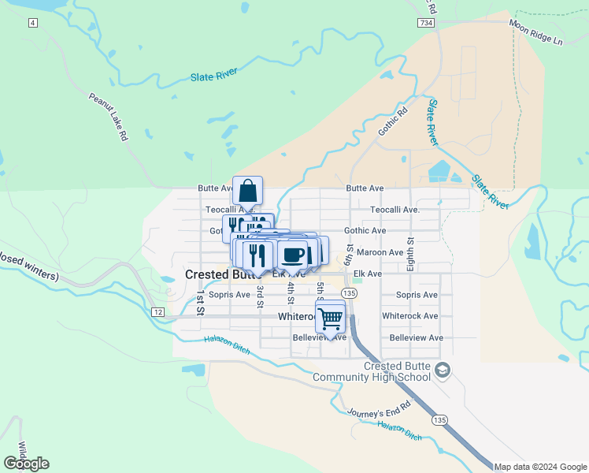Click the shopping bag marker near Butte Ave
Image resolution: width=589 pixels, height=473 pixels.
(x=248, y=192)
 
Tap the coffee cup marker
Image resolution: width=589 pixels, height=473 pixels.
(x=293, y=255)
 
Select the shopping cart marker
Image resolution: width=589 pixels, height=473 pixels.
(x=331, y=318)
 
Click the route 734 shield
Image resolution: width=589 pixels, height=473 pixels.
(x=426, y=24)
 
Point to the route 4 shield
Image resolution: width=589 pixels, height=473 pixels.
(x=32, y=23)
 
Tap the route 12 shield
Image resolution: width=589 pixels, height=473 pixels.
(x=157, y=313)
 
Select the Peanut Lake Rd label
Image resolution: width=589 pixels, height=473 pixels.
(x=108, y=117)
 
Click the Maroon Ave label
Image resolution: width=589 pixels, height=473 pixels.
(x=380, y=252)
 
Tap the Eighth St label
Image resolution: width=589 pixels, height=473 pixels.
(x=410, y=253)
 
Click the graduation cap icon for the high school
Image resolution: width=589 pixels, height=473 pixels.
(x=443, y=370)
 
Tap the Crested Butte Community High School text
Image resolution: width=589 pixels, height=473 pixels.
(x=372, y=371)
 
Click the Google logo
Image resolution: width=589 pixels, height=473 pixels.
(x=26, y=463)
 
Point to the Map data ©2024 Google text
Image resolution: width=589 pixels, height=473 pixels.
(x=541, y=467)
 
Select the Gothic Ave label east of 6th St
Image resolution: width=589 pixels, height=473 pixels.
(x=365, y=231)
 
